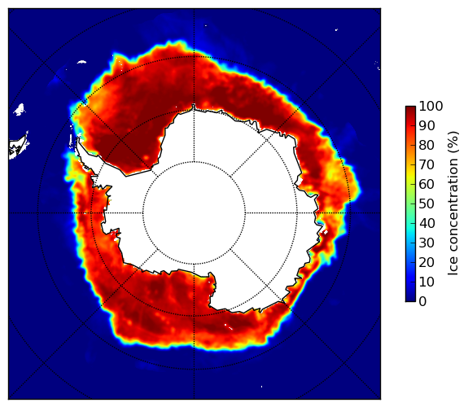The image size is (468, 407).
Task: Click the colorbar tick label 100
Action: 431,106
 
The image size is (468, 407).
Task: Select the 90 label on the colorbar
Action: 426,125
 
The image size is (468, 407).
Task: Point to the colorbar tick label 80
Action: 426,145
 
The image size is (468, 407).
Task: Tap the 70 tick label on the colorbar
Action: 426,164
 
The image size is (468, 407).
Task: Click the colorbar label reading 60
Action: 426,184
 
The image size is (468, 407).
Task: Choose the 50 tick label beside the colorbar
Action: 426,203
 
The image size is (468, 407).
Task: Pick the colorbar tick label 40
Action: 426,223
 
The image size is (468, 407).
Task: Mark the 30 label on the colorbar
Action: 426,243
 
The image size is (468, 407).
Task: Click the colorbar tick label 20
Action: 426,262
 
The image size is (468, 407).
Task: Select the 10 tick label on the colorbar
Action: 426,282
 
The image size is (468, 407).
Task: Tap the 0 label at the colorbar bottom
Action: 423,301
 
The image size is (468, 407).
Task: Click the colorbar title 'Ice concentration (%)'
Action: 453,203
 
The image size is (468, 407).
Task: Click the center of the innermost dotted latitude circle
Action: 194,213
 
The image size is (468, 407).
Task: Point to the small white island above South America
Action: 19,109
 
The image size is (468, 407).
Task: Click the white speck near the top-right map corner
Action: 336,29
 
